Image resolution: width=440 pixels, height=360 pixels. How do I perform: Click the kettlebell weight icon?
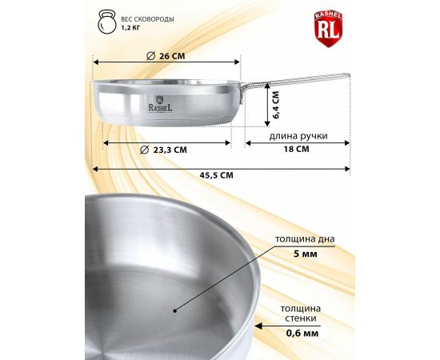pyautogui.click(x=107, y=22)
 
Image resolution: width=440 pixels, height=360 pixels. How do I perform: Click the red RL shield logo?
pyautogui.click(x=328, y=28)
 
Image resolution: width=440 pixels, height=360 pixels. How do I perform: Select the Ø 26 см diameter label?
pyautogui.click(x=166, y=56)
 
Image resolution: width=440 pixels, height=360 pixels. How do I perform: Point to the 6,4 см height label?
pyautogui.click(x=276, y=105)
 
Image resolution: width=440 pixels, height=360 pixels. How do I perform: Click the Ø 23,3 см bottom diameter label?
pyautogui.click(x=163, y=150)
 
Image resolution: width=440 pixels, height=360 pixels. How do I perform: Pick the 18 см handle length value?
pyautogui.click(x=296, y=149)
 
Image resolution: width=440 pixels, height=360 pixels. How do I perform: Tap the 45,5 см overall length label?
pyautogui.click(x=216, y=175)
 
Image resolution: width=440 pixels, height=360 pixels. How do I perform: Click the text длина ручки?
pyautogui.click(x=298, y=136)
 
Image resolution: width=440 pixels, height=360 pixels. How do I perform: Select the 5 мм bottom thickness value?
pyautogui.click(x=306, y=254)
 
